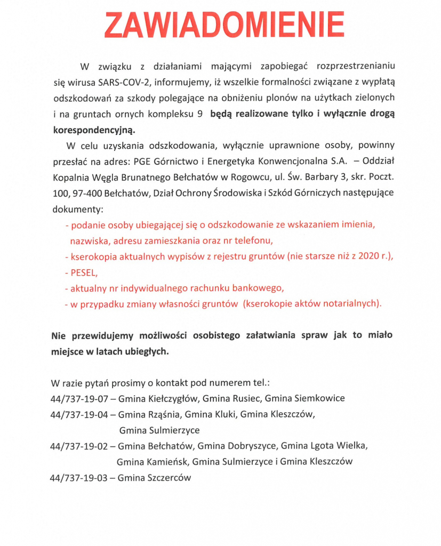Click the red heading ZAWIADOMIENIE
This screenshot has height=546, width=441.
point(224,24)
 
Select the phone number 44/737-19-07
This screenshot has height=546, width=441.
point(79,398)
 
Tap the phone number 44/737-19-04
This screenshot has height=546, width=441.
point(79,414)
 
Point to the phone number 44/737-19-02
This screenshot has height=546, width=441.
point(79,446)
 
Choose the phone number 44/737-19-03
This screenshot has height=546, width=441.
point(79,478)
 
